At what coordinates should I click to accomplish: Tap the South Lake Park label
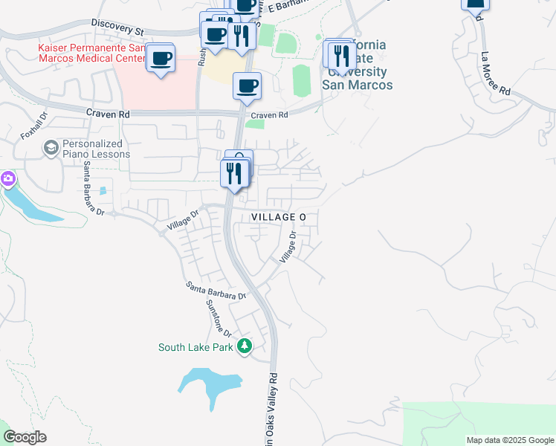197,347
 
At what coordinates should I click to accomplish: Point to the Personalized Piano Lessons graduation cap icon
51,148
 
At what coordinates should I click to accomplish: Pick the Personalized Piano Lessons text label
97,149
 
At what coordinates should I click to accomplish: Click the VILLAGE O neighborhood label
279,216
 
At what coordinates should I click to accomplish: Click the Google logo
25,437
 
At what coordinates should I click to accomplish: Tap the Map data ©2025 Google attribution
509,440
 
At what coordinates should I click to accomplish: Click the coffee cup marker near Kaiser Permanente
161,58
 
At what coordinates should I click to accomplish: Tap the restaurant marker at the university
341,55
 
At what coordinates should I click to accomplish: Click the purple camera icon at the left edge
7,178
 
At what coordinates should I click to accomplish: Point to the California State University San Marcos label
358,65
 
